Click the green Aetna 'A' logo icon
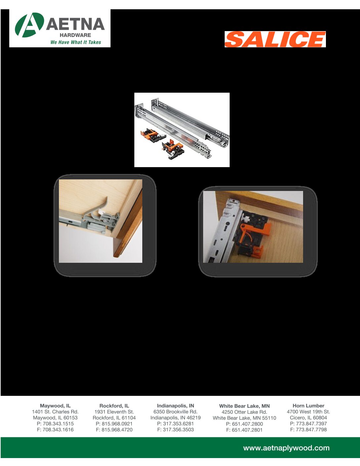click(29, 25)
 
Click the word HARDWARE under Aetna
click(75, 35)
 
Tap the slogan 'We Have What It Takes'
click(76, 42)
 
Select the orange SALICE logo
click(275, 39)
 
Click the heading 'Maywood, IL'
click(55, 406)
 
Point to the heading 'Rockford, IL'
click(114, 406)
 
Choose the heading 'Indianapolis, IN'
click(175, 406)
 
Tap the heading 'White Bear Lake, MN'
click(245, 406)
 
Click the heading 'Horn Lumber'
click(308, 406)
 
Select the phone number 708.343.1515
click(58, 424)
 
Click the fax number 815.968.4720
click(117, 430)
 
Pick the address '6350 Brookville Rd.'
click(175, 412)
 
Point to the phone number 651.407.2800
click(247, 424)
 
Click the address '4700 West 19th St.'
click(308, 412)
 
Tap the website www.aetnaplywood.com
click(286, 448)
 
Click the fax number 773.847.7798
click(311, 430)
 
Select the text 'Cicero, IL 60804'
click(308, 418)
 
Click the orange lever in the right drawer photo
click(255, 231)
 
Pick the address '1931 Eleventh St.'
click(114, 412)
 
